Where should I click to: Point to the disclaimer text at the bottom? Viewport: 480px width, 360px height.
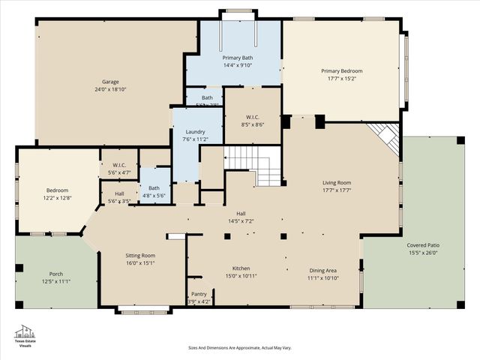(239, 348)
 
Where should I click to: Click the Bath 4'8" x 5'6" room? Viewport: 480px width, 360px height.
(154, 191)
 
